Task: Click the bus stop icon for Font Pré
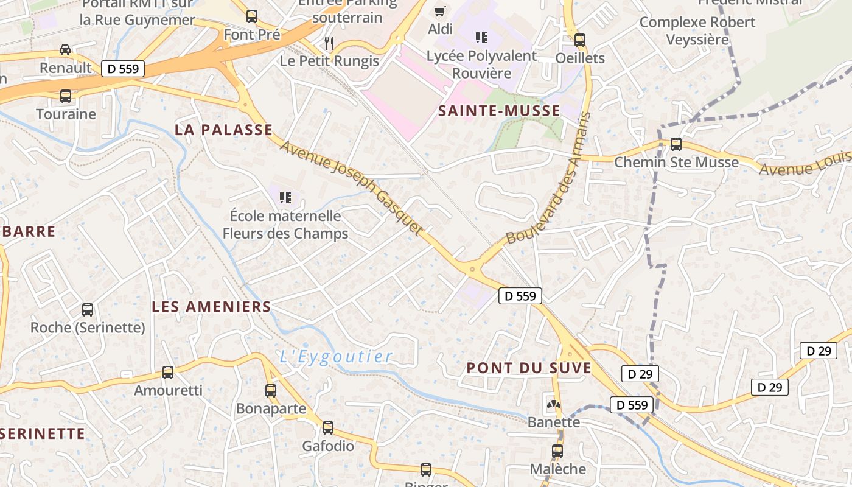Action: click(x=252, y=16)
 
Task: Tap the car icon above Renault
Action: click(x=65, y=50)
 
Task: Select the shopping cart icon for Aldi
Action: click(x=439, y=10)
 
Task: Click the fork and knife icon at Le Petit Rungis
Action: click(x=329, y=43)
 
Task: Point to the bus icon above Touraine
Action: click(x=65, y=96)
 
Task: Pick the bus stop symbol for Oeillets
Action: click(x=580, y=40)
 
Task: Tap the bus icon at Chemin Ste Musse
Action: click(x=676, y=144)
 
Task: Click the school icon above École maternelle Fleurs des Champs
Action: click(x=285, y=197)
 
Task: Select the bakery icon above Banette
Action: click(x=553, y=404)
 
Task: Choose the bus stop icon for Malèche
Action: click(x=557, y=451)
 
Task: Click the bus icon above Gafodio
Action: click(x=328, y=428)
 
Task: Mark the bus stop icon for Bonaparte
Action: click(x=271, y=391)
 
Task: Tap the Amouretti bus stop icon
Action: click(x=168, y=372)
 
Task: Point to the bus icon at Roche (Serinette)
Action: click(x=88, y=310)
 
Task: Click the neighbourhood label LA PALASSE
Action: click(x=223, y=130)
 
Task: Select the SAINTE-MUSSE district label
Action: click(x=499, y=111)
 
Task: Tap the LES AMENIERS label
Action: click(x=211, y=307)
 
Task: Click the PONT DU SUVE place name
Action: click(x=529, y=368)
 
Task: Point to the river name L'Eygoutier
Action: click(x=336, y=357)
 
